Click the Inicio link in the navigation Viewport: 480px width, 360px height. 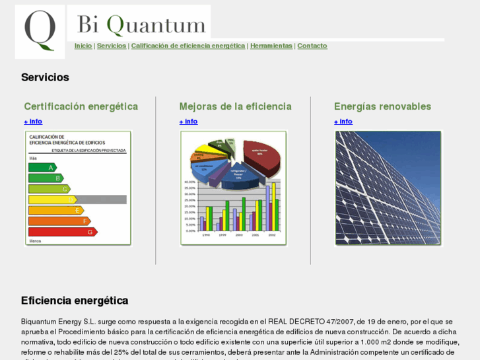tap(83, 46)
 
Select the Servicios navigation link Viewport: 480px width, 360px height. tap(112, 46)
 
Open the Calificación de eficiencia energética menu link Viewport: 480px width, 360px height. tap(188, 46)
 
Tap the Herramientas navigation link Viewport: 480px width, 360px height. tap(271, 46)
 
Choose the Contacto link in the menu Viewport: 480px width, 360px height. tap(312, 46)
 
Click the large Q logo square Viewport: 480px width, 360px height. tap(40, 32)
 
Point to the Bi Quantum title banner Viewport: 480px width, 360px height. tap(139, 24)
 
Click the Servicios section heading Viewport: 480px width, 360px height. tap(45, 77)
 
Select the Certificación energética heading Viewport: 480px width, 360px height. tap(81, 106)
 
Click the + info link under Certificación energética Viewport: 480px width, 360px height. tap(33, 122)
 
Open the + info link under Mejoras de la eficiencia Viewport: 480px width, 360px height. tap(188, 122)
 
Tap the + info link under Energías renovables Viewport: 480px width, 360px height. tap(343, 122)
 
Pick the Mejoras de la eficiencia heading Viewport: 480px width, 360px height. tap(235, 106)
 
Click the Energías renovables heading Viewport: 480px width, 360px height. tap(382, 106)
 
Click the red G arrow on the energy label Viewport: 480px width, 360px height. tap(62, 232)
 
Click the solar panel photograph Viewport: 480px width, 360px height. tap(388, 188)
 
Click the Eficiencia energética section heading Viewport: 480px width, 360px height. tap(75, 301)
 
